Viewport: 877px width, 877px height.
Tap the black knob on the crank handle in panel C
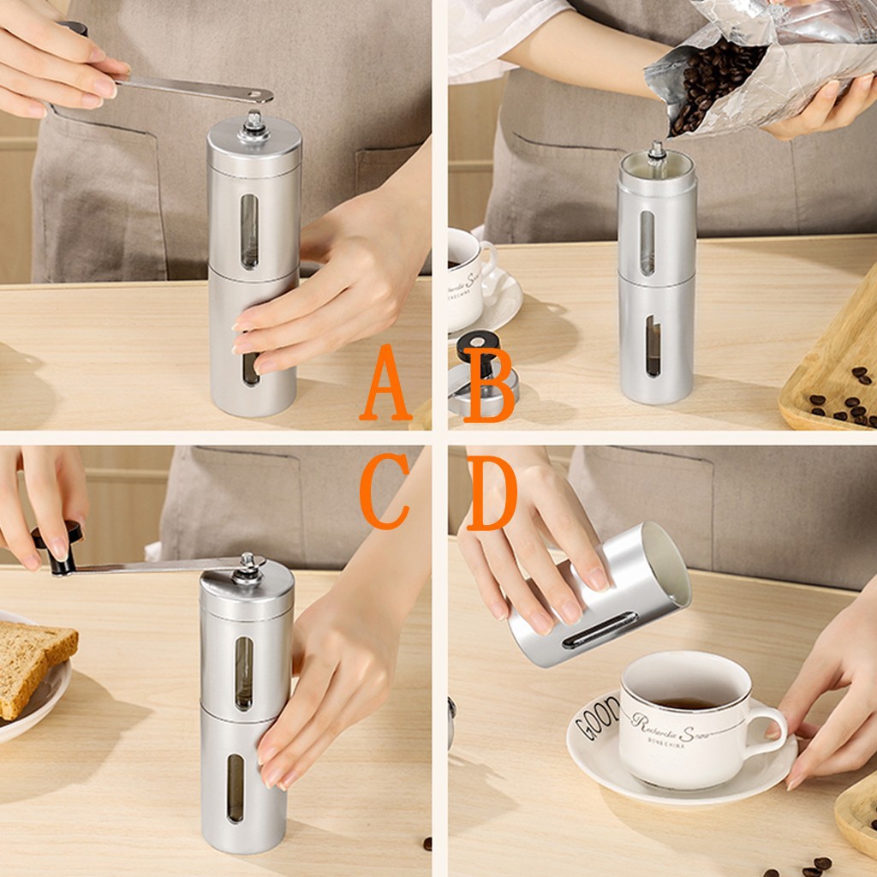tap(58, 548)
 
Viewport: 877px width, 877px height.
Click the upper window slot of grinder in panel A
tap(249, 231)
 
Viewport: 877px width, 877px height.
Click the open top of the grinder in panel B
tap(657, 163)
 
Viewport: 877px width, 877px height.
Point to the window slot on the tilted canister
tap(600, 629)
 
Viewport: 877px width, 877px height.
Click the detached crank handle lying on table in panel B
tap(480, 377)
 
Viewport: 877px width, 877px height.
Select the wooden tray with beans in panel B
tap(835, 377)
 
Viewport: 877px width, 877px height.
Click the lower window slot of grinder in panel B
tap(653, 346)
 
